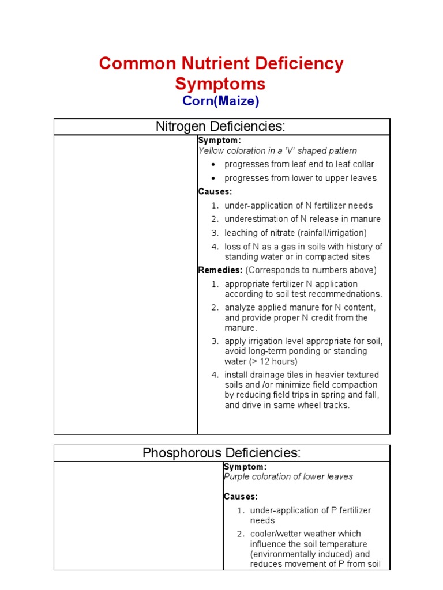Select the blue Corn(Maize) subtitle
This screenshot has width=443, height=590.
tap(221, 101)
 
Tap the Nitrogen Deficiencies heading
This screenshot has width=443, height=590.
tap(221, 127)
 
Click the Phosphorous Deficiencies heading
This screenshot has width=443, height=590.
tap(221, 453)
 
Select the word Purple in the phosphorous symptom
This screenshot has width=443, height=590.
tap(237, 476)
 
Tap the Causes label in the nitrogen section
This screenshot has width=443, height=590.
tap(215, 191)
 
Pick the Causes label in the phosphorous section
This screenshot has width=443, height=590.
tap(241, 496)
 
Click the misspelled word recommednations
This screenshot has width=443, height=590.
tap(345, 294)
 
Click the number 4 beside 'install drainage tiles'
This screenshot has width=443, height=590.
tap(213, 375)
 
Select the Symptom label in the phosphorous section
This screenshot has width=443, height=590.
tap(245, 466)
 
